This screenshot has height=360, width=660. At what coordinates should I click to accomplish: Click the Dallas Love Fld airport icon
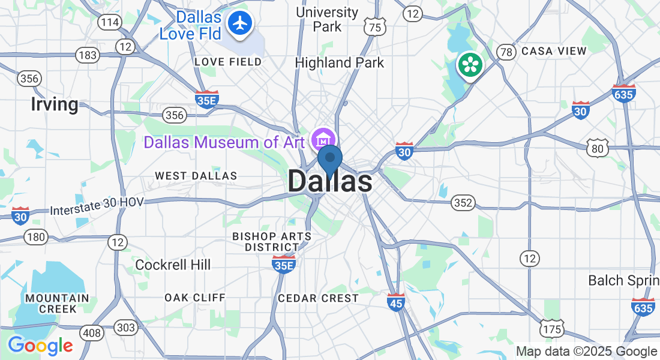(x=241, y=23)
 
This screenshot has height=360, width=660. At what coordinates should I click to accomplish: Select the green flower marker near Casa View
(x=470, y=65)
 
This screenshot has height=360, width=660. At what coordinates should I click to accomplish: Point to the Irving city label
(x=55, y=104)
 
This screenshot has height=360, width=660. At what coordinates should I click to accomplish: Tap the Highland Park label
(x=340, y=62)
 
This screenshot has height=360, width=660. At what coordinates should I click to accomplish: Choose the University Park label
(x=328, y=19)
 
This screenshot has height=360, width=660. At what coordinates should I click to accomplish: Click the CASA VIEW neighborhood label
(x=554, y=51)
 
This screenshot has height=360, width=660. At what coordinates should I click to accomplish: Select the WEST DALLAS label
(x=196, y=176)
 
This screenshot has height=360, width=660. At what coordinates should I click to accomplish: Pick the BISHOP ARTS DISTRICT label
(x=272, y=241)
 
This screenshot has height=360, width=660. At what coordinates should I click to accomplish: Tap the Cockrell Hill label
(x=173, y=265)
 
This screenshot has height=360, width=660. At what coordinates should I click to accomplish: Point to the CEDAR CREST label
(x=318, y=298)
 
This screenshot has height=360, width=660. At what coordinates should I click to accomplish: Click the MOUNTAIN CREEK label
(x=56, y=303)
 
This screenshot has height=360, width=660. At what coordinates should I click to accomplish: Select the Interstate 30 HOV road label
(x=97, y=206)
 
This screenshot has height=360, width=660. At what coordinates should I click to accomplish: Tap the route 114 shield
(x=110, y=23)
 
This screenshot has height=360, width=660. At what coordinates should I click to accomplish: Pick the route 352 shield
(x=463, y=203)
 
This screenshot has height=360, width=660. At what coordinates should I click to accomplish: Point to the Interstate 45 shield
(x=396, y=302)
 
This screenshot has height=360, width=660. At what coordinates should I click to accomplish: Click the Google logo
(x=40, y=346)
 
